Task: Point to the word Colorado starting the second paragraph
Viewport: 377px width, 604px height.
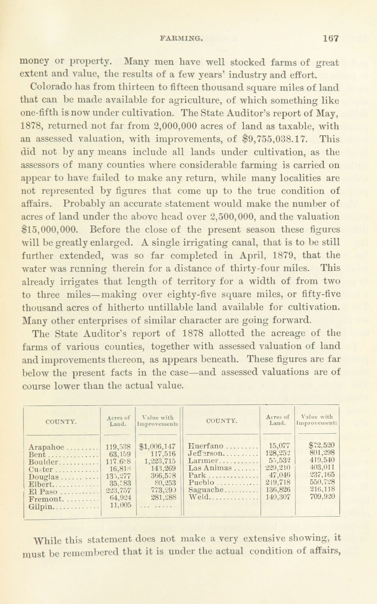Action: coord(50,88)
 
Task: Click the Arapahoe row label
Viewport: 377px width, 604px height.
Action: coord(47,447)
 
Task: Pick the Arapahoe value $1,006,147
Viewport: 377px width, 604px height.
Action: coord(158,446)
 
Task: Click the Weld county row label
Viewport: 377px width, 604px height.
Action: coord(200,497)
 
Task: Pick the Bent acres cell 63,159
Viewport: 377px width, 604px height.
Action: coord(118,454)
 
